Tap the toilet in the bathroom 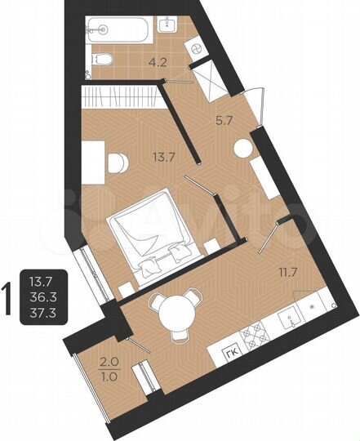(x=103, y=59)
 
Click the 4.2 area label (x=157, y=59)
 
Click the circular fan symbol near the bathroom (x=196, y=48)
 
